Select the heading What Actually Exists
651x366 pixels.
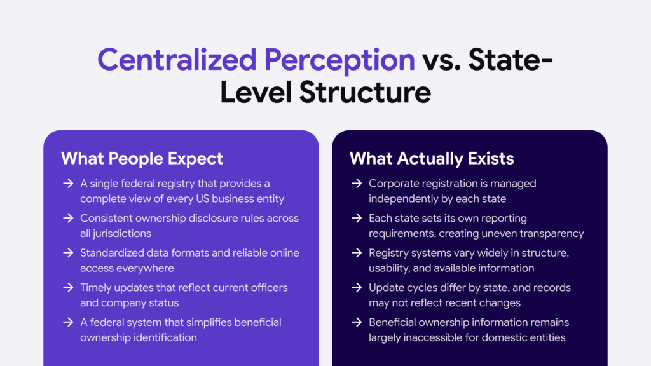432,158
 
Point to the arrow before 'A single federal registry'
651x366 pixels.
67,184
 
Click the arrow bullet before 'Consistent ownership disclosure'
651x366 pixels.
67,219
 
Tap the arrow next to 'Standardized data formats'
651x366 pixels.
67,253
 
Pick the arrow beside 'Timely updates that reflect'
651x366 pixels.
67,288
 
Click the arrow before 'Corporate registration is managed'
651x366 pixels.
357,184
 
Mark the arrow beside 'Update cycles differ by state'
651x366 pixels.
357,288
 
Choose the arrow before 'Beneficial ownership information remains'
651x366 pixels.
357,322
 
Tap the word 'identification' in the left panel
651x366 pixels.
167,337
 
